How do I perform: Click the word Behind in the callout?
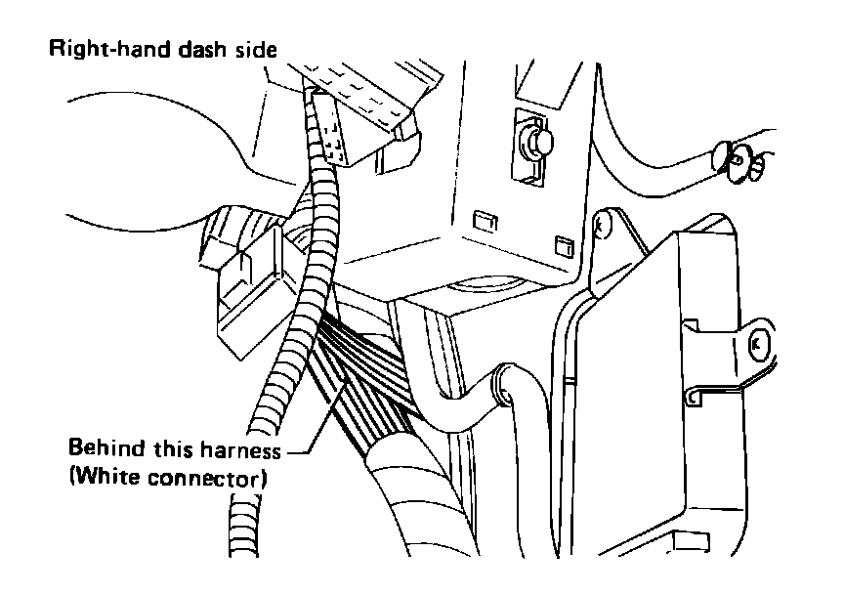101,451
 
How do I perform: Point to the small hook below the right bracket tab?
694,397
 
